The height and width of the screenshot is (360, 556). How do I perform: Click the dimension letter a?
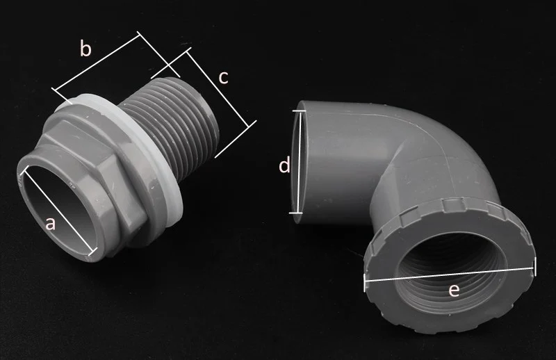click(51, 224)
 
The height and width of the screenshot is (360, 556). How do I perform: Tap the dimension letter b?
click(85, 48)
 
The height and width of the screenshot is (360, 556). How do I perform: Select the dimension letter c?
click(223, 78)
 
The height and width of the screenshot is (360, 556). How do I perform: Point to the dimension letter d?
click(284, 165)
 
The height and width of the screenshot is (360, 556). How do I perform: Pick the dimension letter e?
click(454, 290)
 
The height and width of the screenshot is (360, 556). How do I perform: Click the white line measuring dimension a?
click(58, 211)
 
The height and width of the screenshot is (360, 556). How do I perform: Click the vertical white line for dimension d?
click(298, 162)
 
